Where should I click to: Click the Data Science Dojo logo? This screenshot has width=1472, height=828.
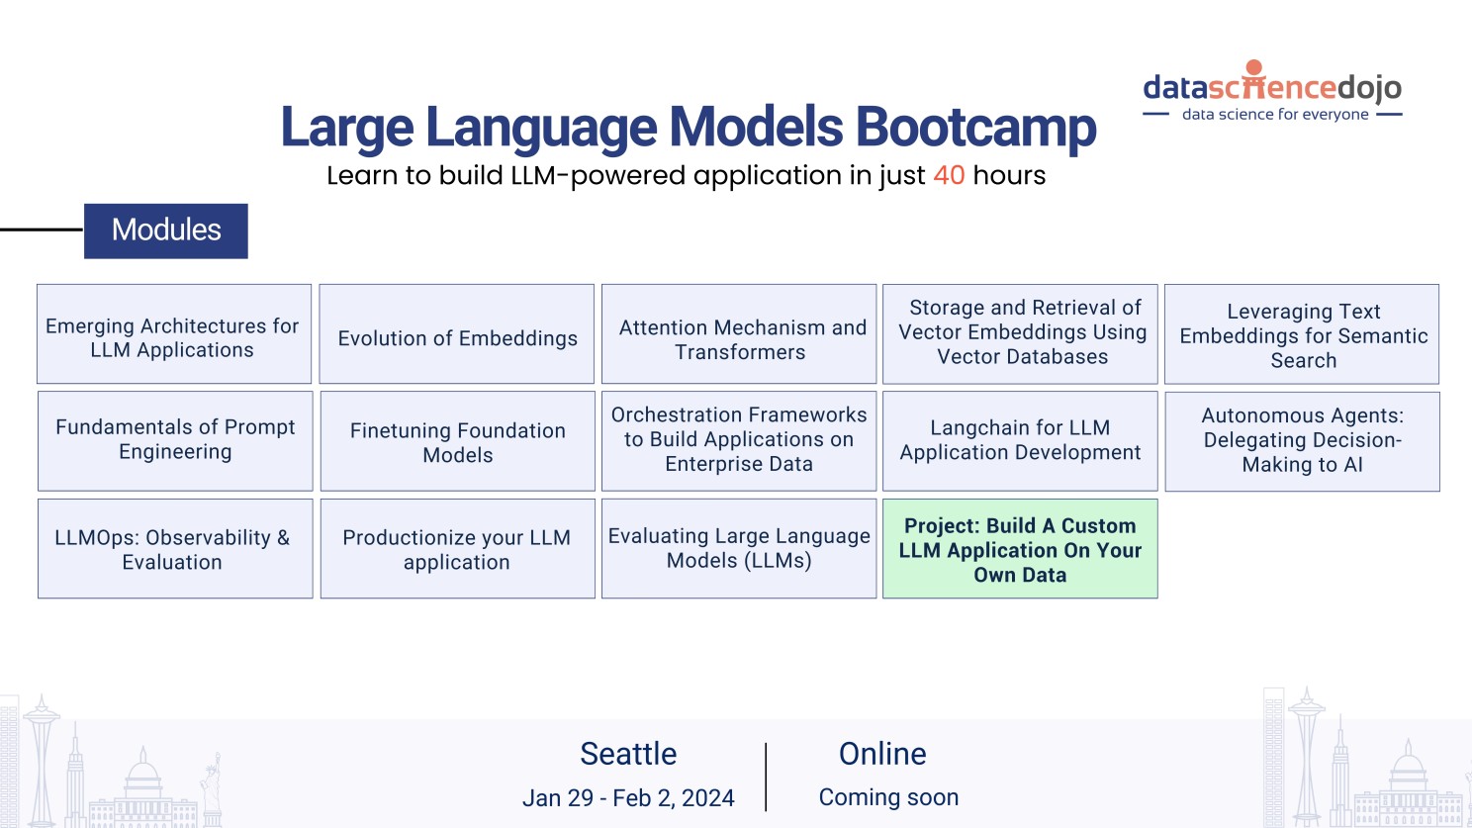pos(1272,91)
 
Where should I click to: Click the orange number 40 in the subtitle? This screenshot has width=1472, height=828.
pos(949,175)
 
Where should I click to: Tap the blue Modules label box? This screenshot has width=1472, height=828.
pos(166,230)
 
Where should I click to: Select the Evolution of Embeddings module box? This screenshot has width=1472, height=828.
pos(457,334)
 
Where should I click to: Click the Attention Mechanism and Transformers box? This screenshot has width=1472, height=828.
pos(739,334)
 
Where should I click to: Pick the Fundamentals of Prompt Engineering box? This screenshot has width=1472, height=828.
pos(175,440)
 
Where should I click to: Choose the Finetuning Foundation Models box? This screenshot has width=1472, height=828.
pos(458,441)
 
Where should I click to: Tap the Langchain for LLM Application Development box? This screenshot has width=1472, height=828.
pos(1020,441)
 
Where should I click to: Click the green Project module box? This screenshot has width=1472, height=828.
pos(1020,549)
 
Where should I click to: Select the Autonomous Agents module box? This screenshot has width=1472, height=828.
pos(1302,441)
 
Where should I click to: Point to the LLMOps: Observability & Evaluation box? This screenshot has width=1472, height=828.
pos(175,549)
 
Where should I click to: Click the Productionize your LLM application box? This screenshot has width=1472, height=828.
pos(458,549)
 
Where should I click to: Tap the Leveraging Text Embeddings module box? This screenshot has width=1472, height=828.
pos(1302,334)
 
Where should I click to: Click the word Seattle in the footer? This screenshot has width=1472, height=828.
pos(628,754)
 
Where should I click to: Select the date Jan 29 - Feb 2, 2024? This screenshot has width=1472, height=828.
pos(628,798)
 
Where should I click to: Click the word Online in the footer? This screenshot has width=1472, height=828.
pos(882,754)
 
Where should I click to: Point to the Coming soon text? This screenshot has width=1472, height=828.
pos(888,797)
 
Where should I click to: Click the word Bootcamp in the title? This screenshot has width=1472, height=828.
pos(975,128)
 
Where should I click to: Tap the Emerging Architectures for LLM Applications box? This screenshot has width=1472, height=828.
pos(174,334)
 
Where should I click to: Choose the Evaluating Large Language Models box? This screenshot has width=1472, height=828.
pos(739,549)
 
